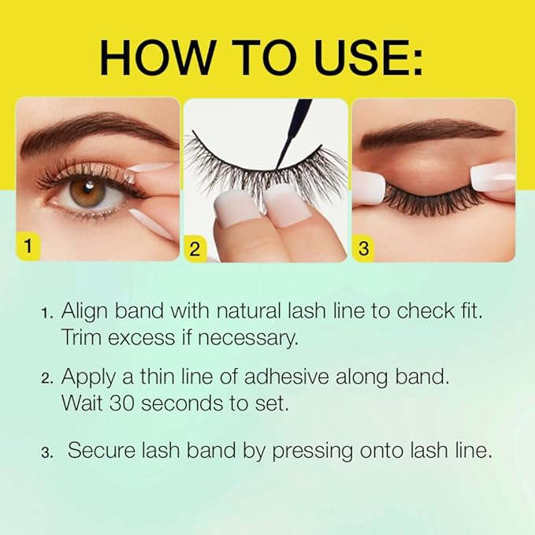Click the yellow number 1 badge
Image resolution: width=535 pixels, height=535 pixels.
pyautogui.click(x=28, y=247)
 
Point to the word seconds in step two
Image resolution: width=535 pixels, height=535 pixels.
pyautogui.click(x=174, y=403)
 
